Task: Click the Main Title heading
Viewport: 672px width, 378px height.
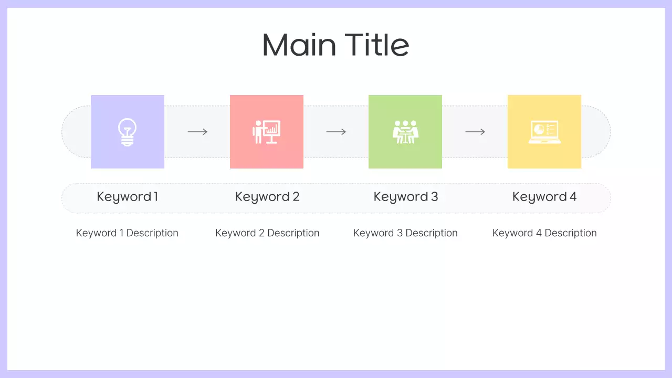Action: (x=335, y=45)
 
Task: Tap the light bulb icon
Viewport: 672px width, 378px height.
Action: (x=127, y=132)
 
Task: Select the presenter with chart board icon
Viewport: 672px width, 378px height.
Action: (x=266, y=132)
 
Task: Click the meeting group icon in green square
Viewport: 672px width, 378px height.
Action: (x=405, y=132)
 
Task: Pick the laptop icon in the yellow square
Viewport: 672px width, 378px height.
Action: (x=544, y=132)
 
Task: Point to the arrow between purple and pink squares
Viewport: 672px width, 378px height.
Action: (x=197, y=132)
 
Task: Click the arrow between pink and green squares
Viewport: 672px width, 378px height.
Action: (x=336, y=132)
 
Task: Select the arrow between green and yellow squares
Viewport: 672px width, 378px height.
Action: (x=475, y=132)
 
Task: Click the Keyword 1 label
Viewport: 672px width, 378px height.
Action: (x=127, y=197)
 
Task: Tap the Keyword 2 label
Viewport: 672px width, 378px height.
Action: (x=267, y=197)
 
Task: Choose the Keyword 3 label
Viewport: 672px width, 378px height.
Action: (x=406, y=197)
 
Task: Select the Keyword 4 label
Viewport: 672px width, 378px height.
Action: (x=544, y=197)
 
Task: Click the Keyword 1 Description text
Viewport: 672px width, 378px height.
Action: (x=127, y=233)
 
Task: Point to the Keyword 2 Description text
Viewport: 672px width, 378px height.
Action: (x=267, y=233)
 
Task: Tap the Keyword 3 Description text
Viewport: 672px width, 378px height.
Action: (x=405, y=233)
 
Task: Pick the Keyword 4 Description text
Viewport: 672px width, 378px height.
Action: (x=544, y=233)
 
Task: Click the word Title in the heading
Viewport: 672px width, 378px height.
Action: (x=377, y=45)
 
